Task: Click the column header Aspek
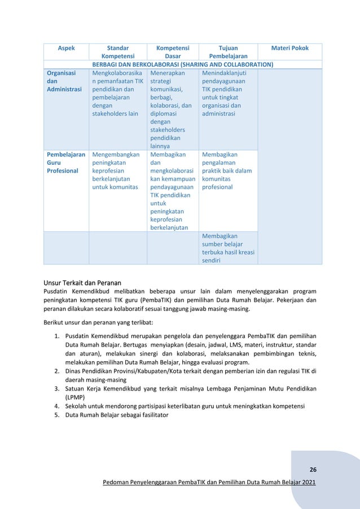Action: (x=67, y=49)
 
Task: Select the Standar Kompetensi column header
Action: (x=117, y=52)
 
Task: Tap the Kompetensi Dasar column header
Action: (x=172, y=52)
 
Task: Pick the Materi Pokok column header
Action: (x=289, y=49)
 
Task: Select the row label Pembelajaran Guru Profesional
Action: (x=65, y=163)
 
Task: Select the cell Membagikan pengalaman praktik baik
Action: (x=226, y=170)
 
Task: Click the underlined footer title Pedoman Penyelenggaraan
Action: (x=207, y=483)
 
